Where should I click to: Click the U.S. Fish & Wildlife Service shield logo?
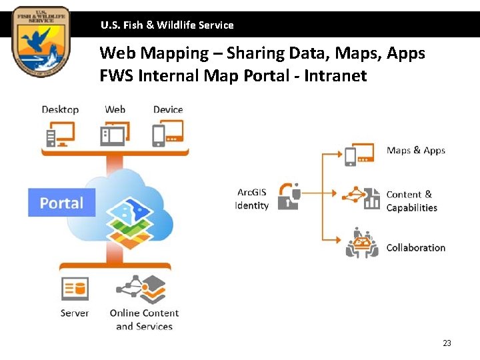(x=40, y=41)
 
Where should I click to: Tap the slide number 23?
(x=447, y=343)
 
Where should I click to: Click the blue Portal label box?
(x=61, y=203)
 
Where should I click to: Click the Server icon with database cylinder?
(x=75, y=289)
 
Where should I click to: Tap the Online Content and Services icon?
(x=142, y=289)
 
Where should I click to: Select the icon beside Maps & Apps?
(x=359, y=154)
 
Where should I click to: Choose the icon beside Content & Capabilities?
(x=361, y=197)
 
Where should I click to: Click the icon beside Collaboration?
(x=362, y=243)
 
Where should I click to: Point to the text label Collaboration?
(x=415, y=247)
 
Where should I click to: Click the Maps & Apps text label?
(x=415, y=151)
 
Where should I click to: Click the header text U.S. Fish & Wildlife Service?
(x=167, y=25)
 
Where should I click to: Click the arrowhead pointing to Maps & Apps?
(x=339, y=154)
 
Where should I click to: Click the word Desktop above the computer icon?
(x=60, y=109)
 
